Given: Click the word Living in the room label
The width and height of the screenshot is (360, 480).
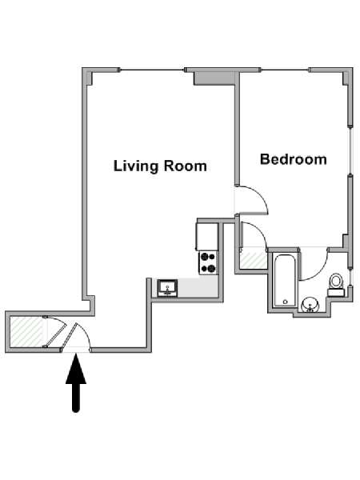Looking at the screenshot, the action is click(x=135, y=166).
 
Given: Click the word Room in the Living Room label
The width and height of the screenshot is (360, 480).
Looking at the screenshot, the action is click(x=186, y=166).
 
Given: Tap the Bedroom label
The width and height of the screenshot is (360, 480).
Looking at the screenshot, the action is click(x=294, y=159).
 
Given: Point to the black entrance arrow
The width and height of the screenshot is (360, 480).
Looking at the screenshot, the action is click(x=76, y=382).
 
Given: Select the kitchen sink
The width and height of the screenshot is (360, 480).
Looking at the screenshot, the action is click(x=167, y=288).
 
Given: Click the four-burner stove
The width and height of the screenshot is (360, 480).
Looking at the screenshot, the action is click(x=208, y=262).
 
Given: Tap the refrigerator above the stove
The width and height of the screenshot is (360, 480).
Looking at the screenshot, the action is click(x=207, y=237).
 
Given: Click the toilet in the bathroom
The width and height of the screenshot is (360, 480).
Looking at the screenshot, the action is click(x=336, y=285).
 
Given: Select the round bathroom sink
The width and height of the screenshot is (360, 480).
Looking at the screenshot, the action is click(x=310, y=305).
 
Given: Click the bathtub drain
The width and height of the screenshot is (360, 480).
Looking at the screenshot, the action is click(x=286, y=302).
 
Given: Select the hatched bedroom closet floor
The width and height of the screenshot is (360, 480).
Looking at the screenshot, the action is click(x=253, y=259).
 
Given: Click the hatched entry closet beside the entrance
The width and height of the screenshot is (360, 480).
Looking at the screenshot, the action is click(x=26, y=332).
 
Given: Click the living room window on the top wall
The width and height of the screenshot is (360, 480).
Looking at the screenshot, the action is click(x=152, y=70).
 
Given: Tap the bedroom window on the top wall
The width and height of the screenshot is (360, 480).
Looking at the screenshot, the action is click(x=285, y=70).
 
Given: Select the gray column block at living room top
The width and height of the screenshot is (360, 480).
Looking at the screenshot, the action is click(x=214, y=78).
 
